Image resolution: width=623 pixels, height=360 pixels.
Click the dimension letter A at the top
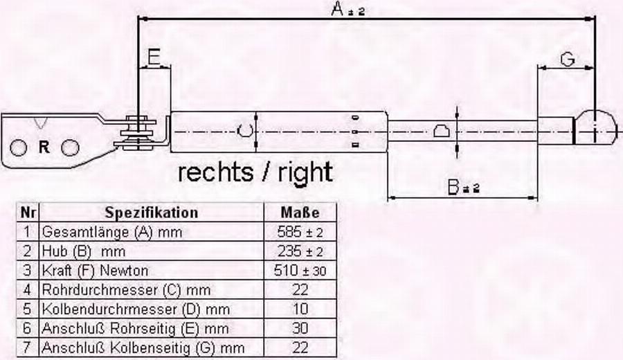[338, 9]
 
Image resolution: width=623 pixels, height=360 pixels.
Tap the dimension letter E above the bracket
[154, 57]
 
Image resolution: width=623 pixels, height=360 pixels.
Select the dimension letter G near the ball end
[568, 60]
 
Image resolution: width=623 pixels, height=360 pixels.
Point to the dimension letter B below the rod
[453, 187]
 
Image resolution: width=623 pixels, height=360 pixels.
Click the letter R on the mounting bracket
[44, 147]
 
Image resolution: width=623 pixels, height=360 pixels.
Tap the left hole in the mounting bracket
[18, 148]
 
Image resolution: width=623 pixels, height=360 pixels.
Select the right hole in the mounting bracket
[71, 148]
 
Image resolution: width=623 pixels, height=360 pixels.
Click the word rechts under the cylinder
[215, 172]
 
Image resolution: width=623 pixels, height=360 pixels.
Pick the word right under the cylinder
[305, 173]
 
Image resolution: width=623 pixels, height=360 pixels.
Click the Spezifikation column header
[152, 213]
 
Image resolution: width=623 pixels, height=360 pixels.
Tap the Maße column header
[300, 213]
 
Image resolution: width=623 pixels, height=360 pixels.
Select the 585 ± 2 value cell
[300, 232]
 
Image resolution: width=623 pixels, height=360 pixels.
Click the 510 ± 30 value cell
[300, 271]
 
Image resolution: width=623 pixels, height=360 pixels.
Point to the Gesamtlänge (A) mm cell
[111, 232]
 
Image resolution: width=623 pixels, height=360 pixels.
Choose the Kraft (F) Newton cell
[95, 271]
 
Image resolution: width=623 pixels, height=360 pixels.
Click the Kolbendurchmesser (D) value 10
[300, 309]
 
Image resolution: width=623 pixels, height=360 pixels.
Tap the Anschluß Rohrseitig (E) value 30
[300, 329]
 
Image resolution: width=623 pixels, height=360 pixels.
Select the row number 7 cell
[27, 348]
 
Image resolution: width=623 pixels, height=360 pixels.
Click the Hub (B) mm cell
[84, 251]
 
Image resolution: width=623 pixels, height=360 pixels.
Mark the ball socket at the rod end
[597, 127]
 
